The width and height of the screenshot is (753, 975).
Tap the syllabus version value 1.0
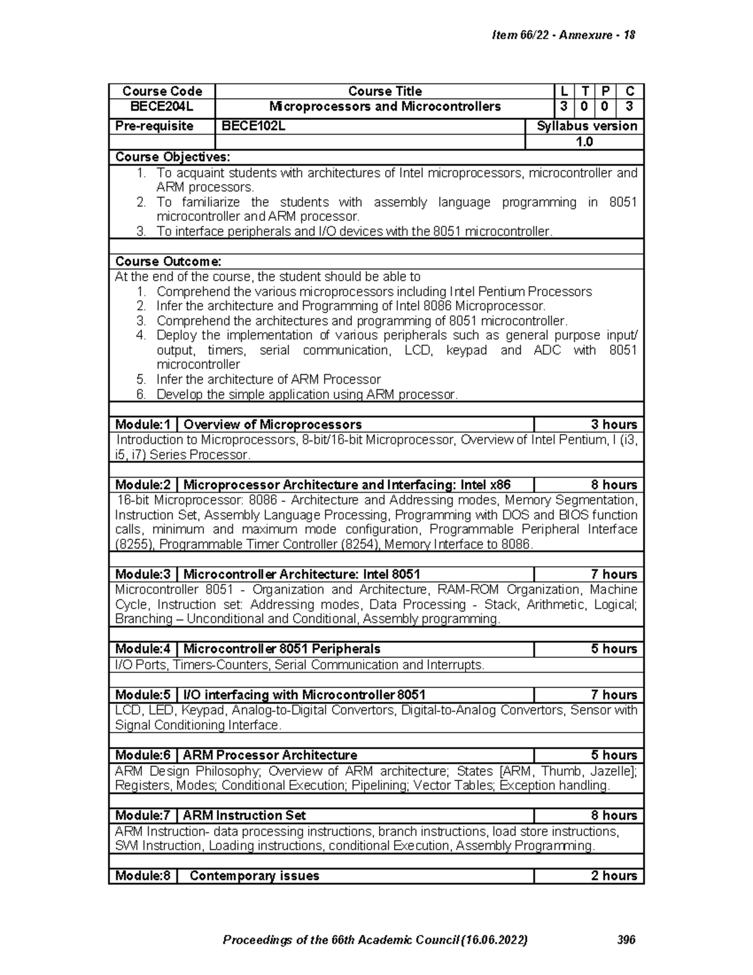click(584, 142)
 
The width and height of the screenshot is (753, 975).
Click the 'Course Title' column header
click(385, 92)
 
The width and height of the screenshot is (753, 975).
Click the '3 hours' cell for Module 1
click(614, 425)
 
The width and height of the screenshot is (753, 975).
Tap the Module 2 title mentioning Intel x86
click(346, 485)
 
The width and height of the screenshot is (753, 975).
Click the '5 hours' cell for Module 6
click(614, 755)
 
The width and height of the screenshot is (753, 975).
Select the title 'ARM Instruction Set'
click(244, 816)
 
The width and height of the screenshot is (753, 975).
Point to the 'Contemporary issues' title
click(254, 876)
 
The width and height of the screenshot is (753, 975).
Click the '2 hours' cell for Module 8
click(614, 876)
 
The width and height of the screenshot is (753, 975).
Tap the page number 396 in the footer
click(626, 940)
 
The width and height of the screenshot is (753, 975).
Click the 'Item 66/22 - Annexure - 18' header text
click(563, 35)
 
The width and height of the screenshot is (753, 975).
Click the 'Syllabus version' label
click(587, 126)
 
